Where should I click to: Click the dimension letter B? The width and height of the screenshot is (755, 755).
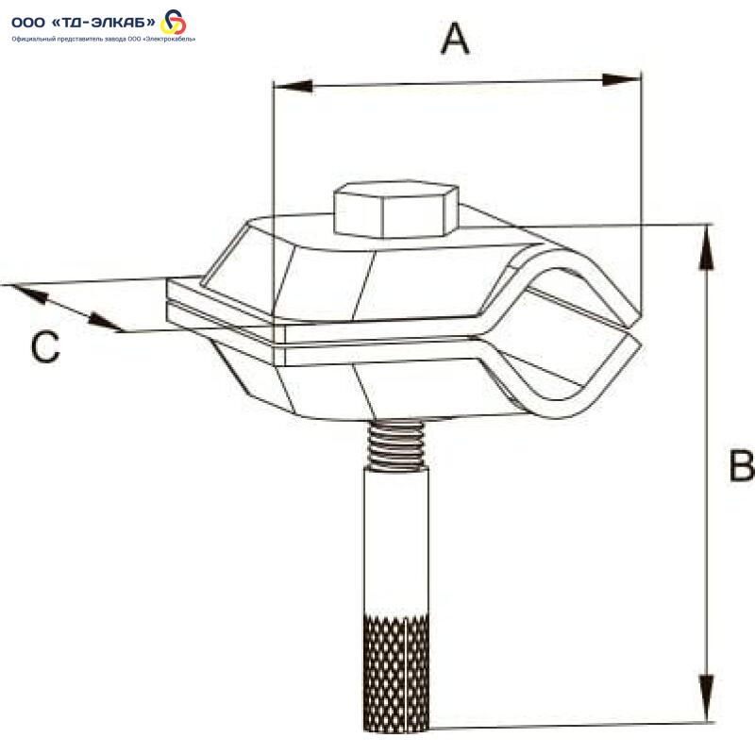[x=742, y=465]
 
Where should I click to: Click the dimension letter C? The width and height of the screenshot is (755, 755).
[x=45, y=346]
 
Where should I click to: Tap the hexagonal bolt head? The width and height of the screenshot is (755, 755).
[x=395, y=209]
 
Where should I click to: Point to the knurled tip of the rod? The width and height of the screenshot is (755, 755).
[x=395, y=673]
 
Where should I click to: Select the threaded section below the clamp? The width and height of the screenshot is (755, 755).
[x=395, y=445]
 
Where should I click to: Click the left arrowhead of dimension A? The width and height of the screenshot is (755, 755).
[x=293, y=86]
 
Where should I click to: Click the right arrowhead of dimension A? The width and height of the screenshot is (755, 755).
[x=622, y=80]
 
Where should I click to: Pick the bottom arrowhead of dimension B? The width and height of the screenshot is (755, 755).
[x=706, y=697]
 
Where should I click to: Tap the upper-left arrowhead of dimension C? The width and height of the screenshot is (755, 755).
[x=30, y=294]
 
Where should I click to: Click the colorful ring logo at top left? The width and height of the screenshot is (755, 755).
[x=173, y=22]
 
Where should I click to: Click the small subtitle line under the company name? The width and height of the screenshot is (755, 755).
[x=104, y=40]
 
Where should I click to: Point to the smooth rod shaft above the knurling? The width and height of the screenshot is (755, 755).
[x=395, y=543]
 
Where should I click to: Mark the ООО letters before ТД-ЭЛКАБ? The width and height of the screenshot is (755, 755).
[x=28, y=22]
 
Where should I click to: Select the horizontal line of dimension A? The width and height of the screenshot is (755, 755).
[x=458, y=83]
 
